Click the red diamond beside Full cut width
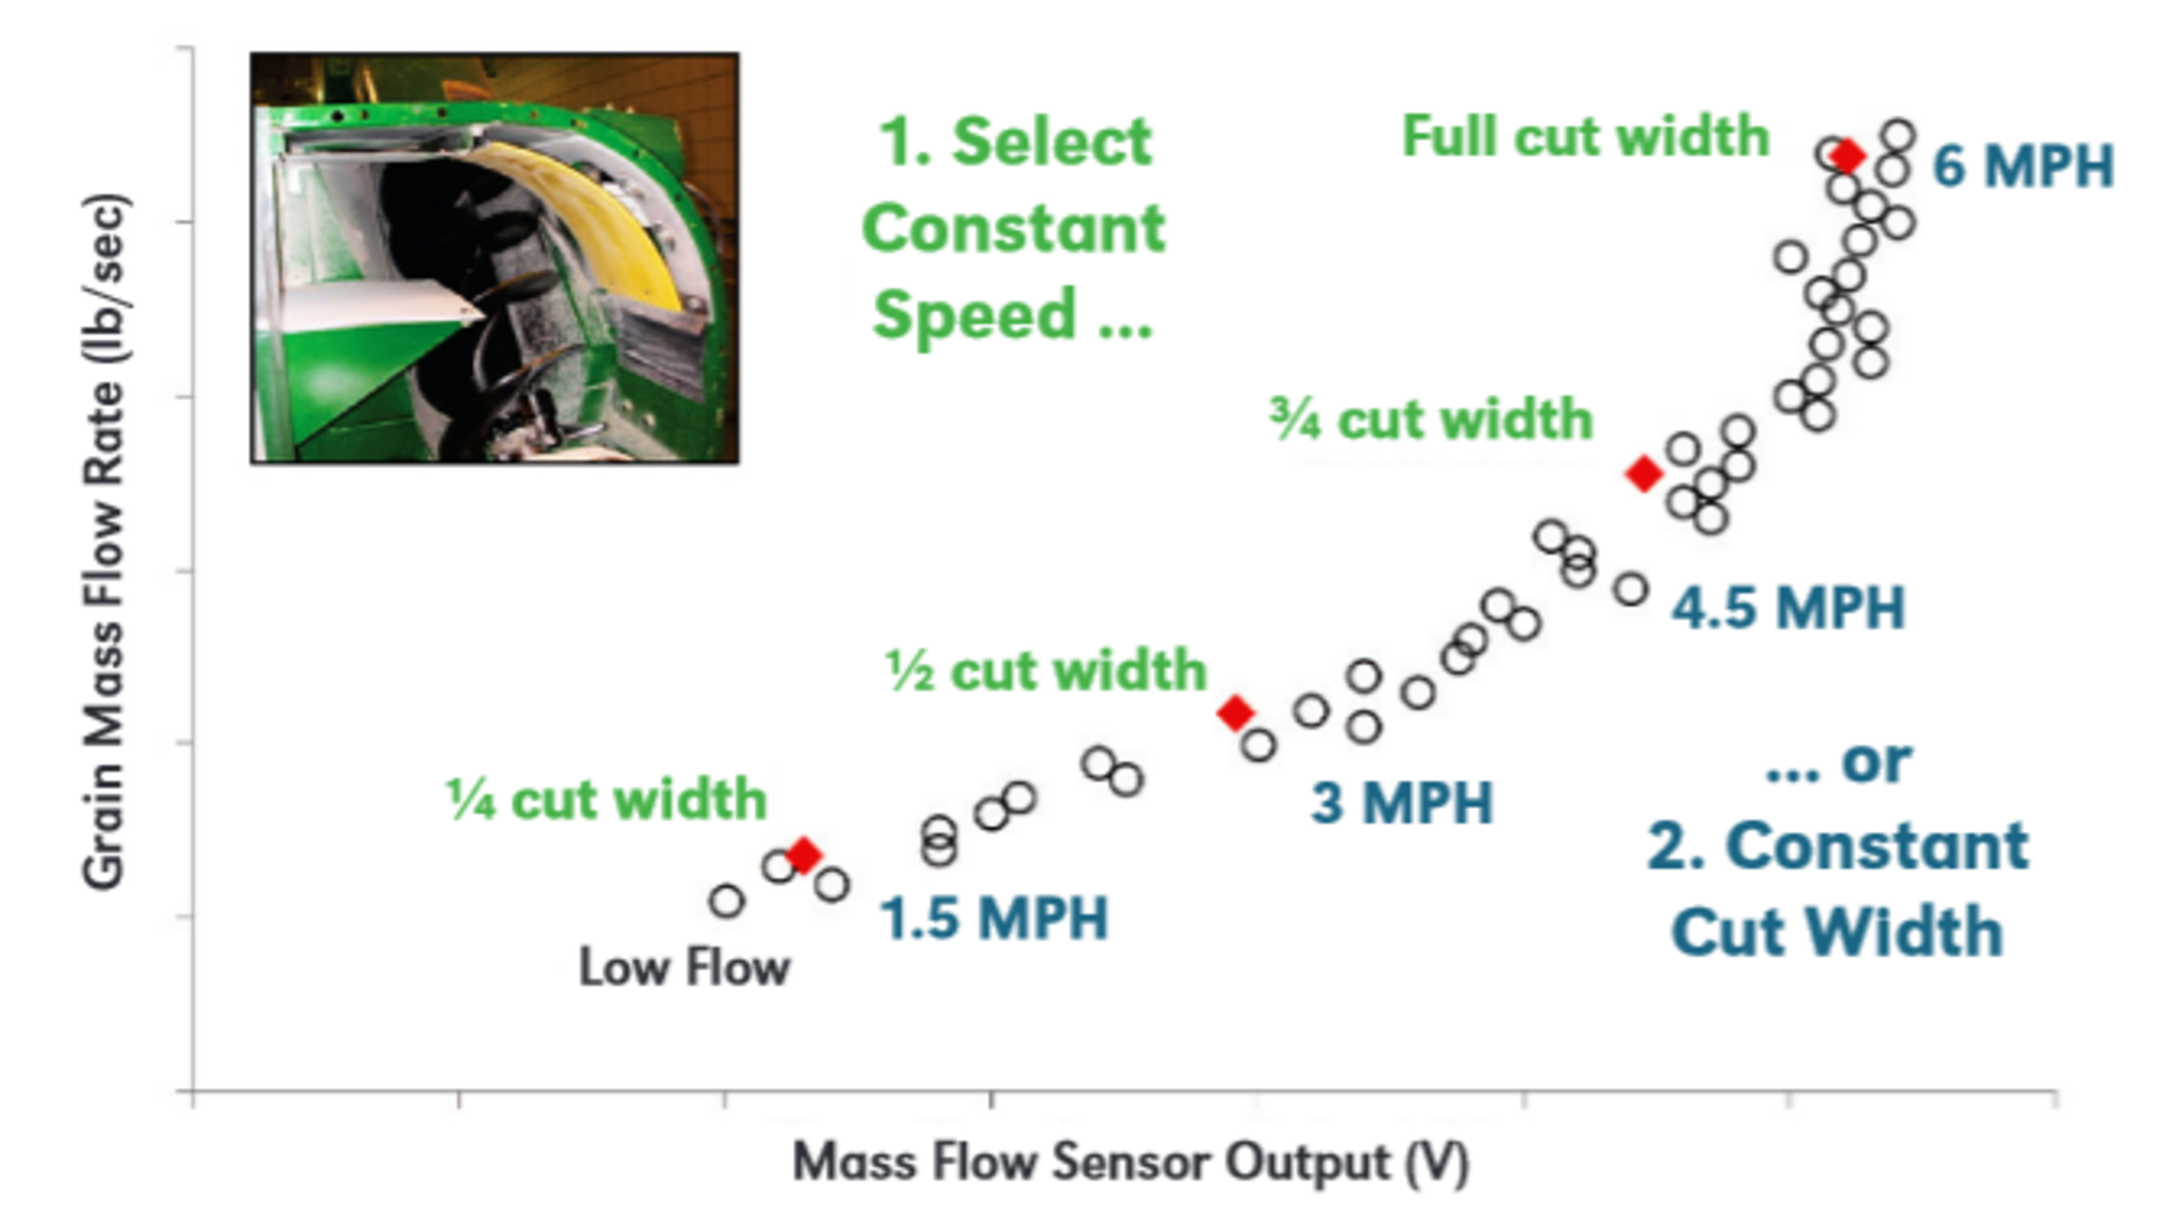[1847, 156]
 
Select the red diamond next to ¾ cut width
[1644, 473]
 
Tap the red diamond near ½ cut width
[1235, 713]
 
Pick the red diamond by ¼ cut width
[804, 855]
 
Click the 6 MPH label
[2022, 166]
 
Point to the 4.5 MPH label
[1788, 608]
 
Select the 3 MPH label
[1402, 803]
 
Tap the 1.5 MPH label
[994, 918]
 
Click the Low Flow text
[684, 968]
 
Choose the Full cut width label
[1585, 136]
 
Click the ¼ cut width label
[606, 799]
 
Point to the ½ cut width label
[1046, 671]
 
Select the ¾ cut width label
[1431, 420]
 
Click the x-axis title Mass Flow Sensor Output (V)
[1130, 1163]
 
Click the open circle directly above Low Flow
[727, 901]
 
